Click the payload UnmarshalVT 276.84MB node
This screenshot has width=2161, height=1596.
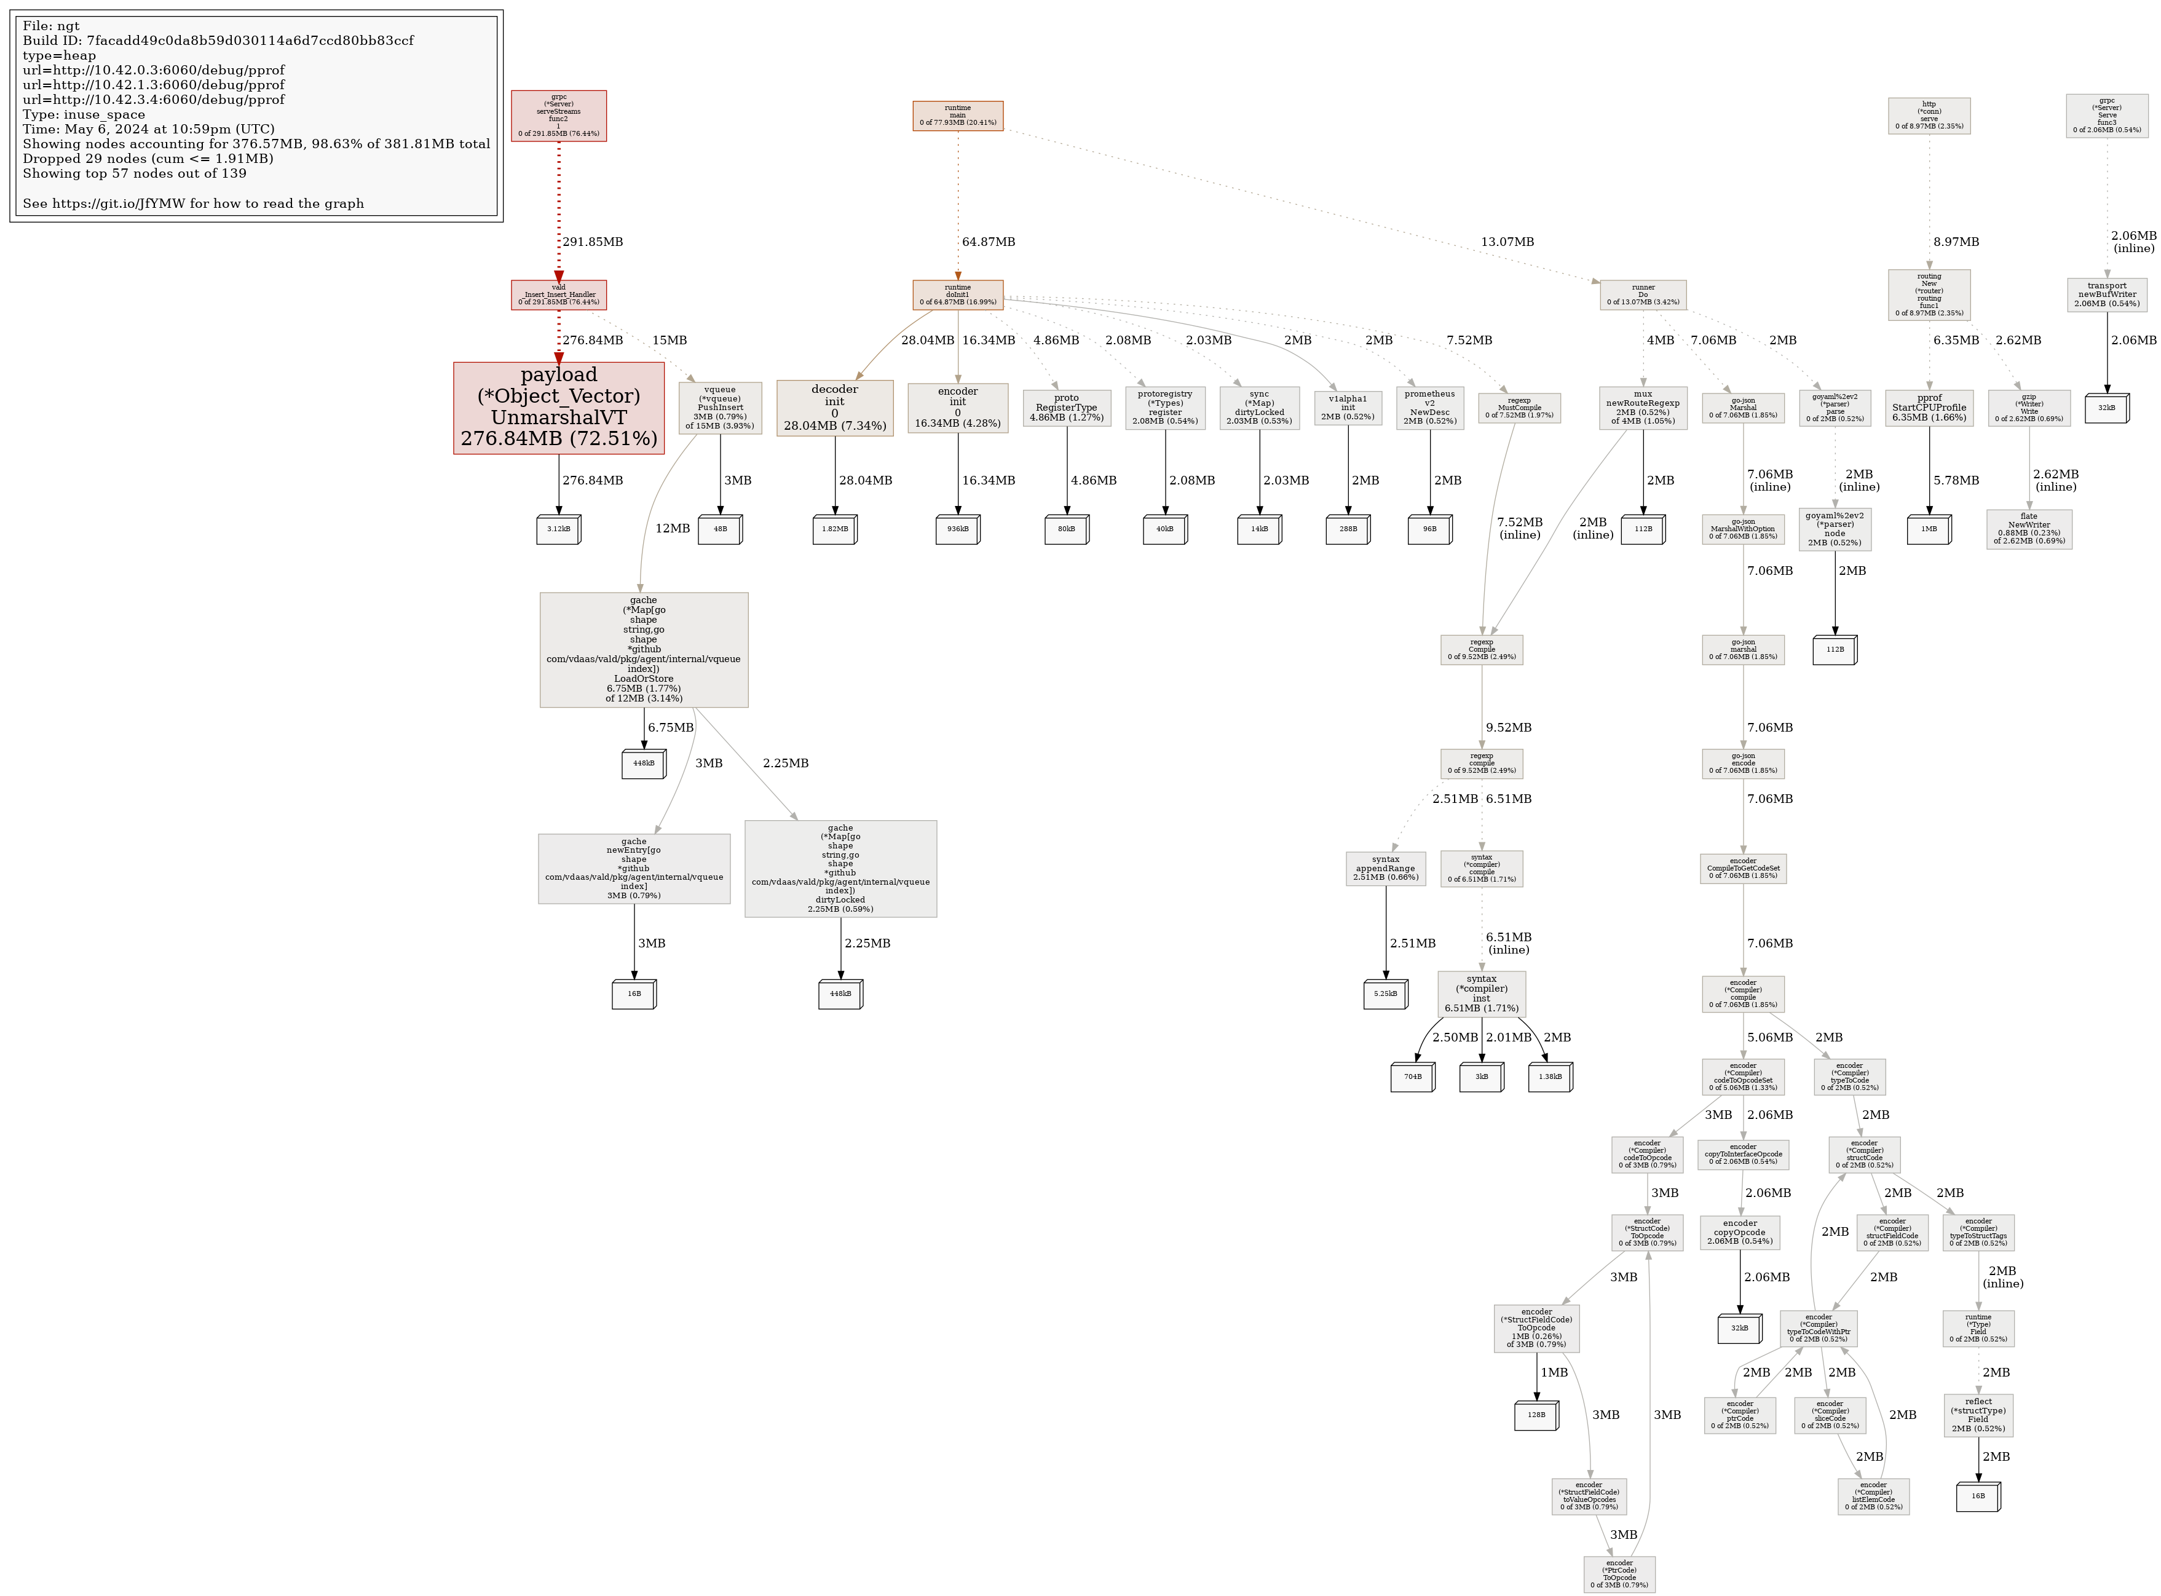point(558,408)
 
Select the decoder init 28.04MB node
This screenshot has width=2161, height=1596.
point(835,408)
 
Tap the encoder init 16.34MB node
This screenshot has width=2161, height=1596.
point(957,408)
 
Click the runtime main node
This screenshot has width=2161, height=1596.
point(957,115)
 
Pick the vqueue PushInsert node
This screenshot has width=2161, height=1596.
point(720,408)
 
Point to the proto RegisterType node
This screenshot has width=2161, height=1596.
point(1067,408)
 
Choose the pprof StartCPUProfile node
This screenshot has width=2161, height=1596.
point(1929,408)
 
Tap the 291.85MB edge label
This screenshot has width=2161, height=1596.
point(592,242)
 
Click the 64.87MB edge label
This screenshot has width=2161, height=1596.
point(988,242)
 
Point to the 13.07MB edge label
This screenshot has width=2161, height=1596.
point(1507,242)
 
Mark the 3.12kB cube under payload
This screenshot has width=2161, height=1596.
point(558,529)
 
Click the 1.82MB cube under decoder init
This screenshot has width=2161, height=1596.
point(835,529)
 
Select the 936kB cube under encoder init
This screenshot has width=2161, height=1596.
point(957,529)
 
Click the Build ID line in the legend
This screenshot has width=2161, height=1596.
point(218,41)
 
